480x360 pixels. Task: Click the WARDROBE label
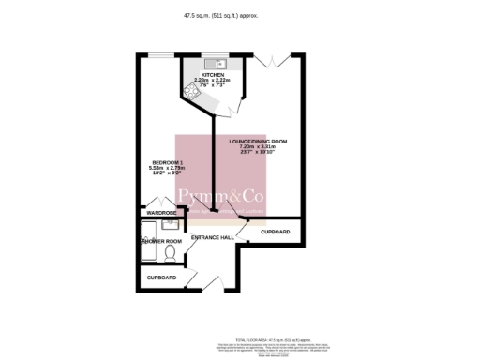pos(161,213)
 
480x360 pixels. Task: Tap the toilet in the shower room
pos(169,253)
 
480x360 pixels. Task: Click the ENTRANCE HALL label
pos(212,238)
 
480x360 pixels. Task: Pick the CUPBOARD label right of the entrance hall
pos(275,232)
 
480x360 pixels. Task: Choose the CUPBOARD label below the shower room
pos(161,278)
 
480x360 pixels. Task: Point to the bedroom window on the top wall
pos(160,54)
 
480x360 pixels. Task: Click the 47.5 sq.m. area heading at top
pos(240,16)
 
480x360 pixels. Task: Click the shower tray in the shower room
pos(148,240)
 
